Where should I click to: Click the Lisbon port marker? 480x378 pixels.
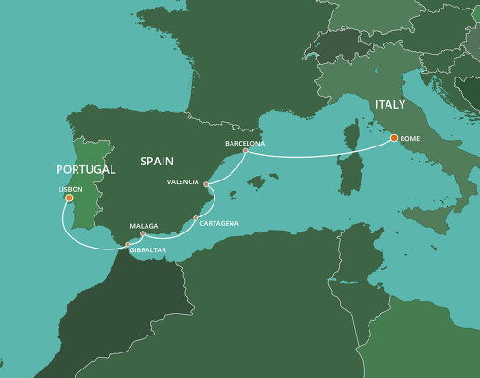coord(69,198)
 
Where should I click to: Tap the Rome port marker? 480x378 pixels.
coord(394,139)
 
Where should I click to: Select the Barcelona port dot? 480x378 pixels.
coord(245,151)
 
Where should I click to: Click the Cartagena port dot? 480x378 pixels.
coord(196,219)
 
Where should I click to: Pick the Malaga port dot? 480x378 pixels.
coord(143,233)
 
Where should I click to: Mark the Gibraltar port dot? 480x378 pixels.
coord(129,246)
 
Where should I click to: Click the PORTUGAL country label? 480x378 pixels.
coord(86,169)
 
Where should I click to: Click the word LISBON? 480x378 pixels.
coord(71,189)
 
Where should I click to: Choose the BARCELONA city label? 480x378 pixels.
coord(245,143)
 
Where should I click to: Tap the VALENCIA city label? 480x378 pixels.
coord(181,180)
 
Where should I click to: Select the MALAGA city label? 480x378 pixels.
coord(142,226)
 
